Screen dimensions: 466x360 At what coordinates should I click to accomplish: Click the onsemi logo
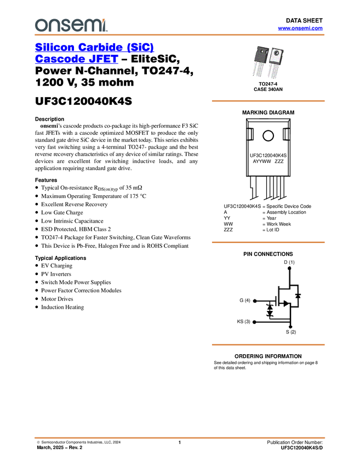pyautogui.click(x=70, y=25)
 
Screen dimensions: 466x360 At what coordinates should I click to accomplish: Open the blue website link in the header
pyautogui.click(x=300, y=28)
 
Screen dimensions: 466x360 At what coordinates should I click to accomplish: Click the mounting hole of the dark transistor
pyautogui.click(x=260, y=52)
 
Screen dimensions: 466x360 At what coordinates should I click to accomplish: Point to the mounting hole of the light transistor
pyautogui.click(x=276, y=52)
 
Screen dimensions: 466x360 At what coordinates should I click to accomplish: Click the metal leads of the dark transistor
pyautogui.click(x=258, y=72)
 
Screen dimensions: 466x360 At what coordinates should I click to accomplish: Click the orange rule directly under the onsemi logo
pyautogui.click(x=180, y=35)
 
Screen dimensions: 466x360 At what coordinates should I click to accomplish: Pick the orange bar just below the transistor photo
pyautogui.click(x=268, y=101)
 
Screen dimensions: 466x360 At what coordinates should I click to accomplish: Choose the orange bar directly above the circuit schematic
pyautogui.click(x=268, y=242)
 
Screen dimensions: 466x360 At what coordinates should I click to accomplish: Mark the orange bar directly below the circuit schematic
pyautogui.click(x=268, y=345)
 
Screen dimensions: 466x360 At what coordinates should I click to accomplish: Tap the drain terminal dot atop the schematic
pyautogui.click(x=289, y=266)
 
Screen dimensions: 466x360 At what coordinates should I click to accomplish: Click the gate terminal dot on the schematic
pyautogui.click(x=254, y=301)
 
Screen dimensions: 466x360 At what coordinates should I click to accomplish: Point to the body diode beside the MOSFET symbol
pyautogui.click(x=298, y=296)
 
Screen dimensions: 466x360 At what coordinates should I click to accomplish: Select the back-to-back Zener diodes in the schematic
pyautogui.click(x=270, y=310)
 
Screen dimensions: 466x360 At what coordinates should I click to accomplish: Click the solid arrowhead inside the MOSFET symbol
pyautogui.click(x=285, y=303)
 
